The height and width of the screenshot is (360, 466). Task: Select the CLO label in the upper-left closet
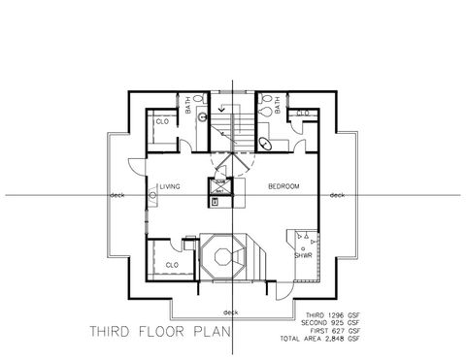pyautogui.click(x=161, y=121)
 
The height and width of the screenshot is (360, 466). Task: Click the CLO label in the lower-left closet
pyautogui.click(x=170, y=264)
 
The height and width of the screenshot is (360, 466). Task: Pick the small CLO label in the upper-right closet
pyautogui.click(x=303, y=114)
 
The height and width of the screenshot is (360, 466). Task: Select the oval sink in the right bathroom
pyautogui.click(x=266, y=142)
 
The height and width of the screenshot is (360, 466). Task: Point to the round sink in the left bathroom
pyautogui.click(x=202, y=117)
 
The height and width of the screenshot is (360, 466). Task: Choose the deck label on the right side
pyautogui.click(x=337, y=194)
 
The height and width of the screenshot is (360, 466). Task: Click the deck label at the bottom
pyautogui.click(x=230, y=311)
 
